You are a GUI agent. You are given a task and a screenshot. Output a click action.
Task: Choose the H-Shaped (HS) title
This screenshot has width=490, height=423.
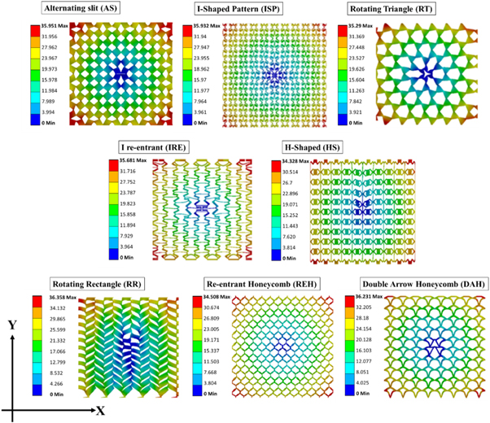(x=319, y=147)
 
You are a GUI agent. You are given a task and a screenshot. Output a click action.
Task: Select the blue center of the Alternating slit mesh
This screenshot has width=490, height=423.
(x=120, y=74)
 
